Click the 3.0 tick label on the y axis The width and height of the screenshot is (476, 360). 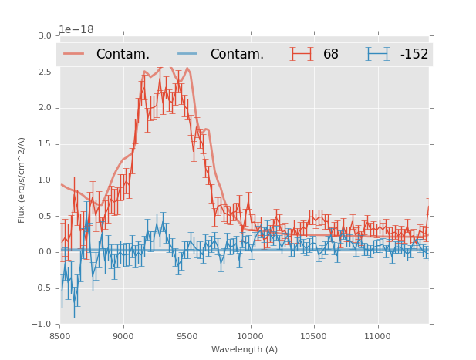click(x=44, y=35)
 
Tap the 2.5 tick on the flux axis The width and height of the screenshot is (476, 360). click(x=44, y=72)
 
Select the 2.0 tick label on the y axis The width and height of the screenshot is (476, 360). click(x=44, y=108)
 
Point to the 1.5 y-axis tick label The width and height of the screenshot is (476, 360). click(x=44, y=144)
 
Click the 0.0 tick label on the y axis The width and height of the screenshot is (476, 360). click(x=44, y=252)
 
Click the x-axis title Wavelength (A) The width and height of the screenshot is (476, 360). click(x=245, y=349)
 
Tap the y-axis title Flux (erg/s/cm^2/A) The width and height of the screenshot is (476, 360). click(x=22, y=180)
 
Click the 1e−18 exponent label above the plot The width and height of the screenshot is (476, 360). click(x=76, y=30)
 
